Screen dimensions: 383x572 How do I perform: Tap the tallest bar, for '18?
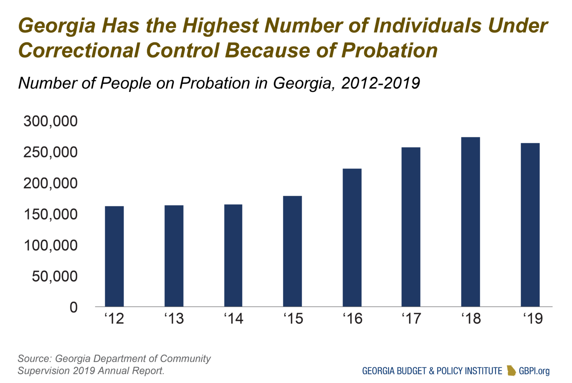pos(470,222)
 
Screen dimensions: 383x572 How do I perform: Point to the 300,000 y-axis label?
pos(51,121)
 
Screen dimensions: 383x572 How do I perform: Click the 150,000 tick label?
pos(51,214)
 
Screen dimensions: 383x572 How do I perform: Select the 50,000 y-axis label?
pos(55,276)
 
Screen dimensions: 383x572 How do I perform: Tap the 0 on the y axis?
pos(74,307)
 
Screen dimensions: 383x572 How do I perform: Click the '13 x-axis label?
pos(174,319)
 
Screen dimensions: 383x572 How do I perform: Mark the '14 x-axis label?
pos(233,319)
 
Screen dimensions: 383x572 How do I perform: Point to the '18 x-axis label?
pos(471,319)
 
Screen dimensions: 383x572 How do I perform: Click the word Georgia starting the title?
pos(57,26)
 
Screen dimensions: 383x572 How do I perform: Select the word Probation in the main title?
pos(389,50)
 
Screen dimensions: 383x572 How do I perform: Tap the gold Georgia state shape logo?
pos(511,370)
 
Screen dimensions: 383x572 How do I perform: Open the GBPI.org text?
pos(534,371)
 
